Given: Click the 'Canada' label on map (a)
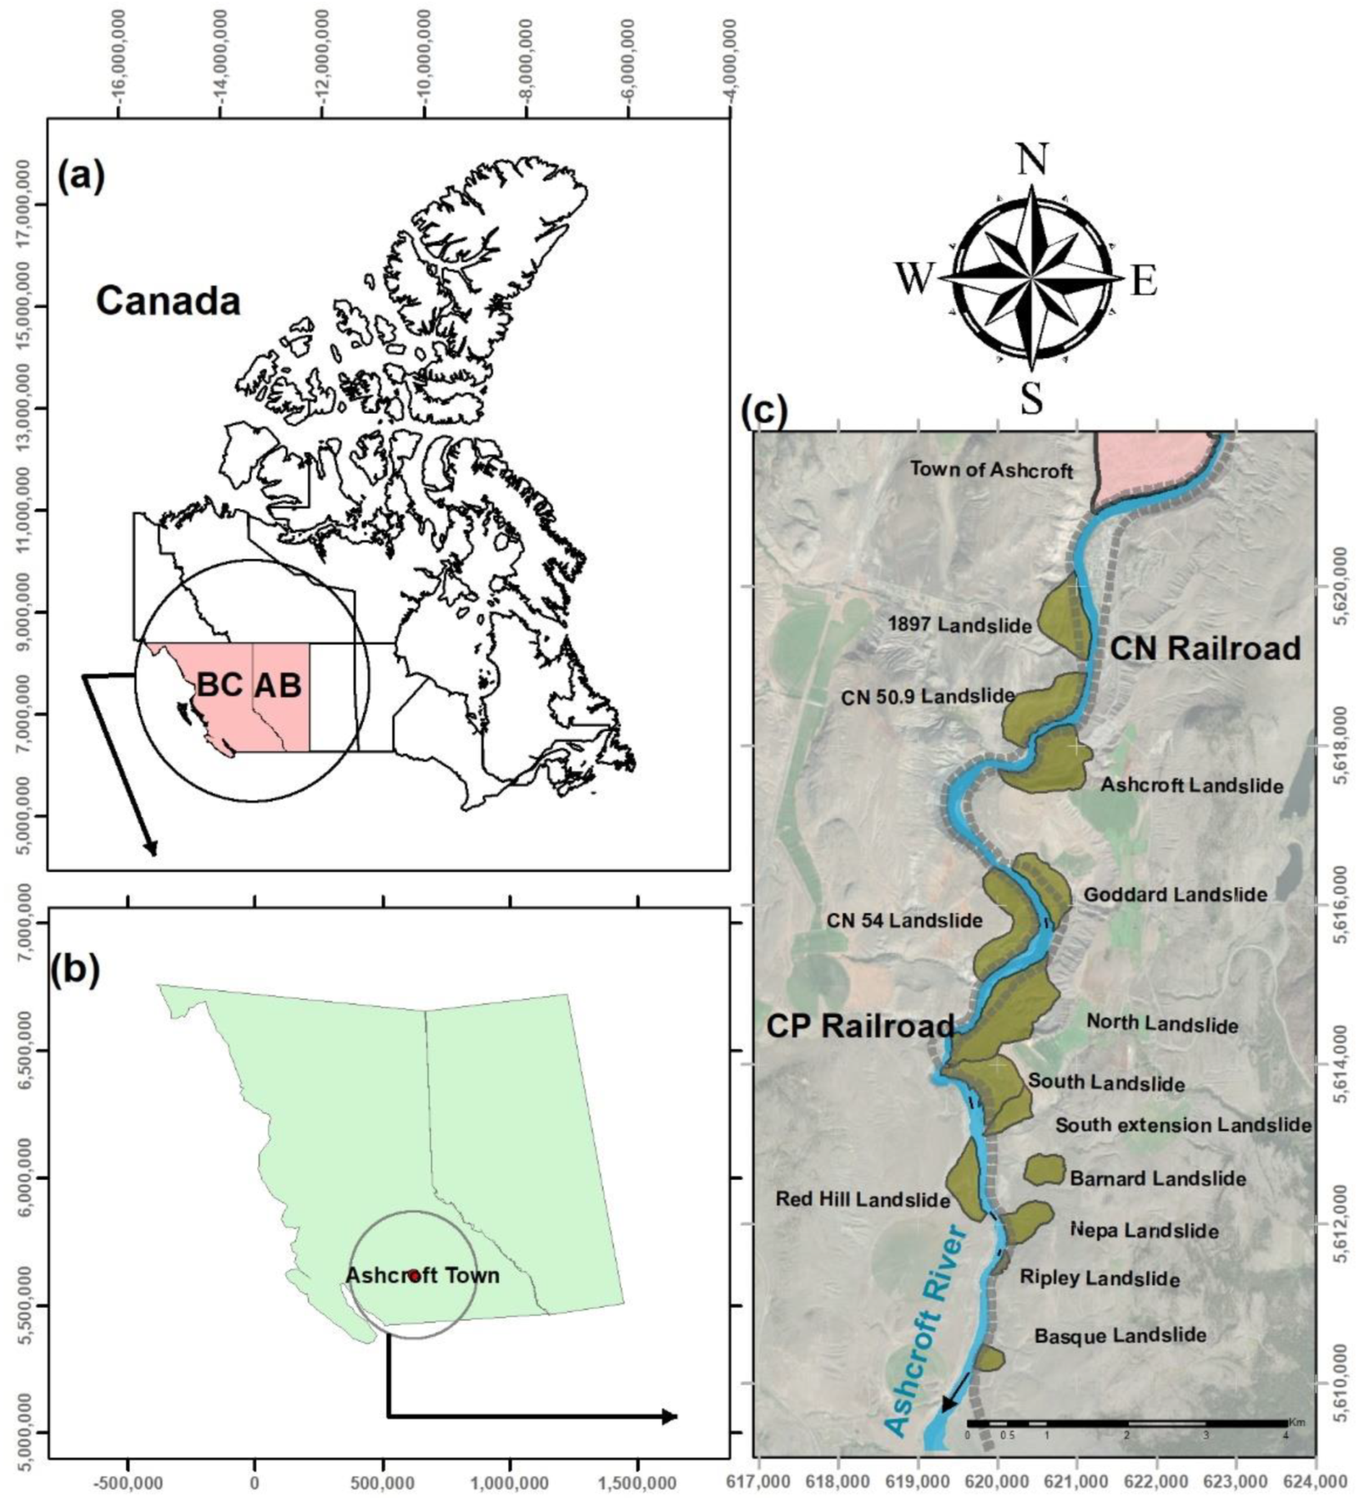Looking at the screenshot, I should (x=168, y=301).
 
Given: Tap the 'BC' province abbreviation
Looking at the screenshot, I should (x=220, y=684).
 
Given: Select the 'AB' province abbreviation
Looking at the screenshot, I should (x=278, y=685).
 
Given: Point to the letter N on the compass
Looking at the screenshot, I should (x=1032, y=160).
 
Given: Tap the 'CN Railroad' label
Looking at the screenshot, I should (x=1205, y=649).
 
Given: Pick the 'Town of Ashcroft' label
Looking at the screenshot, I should (x=992, y=470).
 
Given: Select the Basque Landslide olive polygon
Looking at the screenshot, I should (x=989, y=1358).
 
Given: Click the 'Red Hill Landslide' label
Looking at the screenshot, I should (x=862, y=1199).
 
